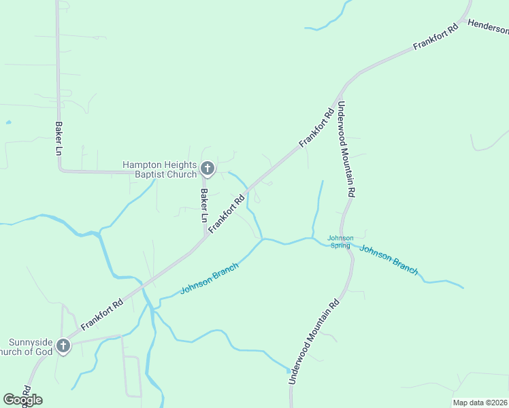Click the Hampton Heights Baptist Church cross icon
[x=208, y=168]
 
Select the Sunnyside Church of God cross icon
[x=63, y=346]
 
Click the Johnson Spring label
[x=340, y=241]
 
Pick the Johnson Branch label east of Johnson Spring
[x=389, y=259]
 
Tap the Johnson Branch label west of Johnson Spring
[x=210, y=279]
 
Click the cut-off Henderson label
[x=487, y=27]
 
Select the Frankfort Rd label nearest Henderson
[x=436, y=38]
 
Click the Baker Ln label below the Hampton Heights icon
[x=203, y=206]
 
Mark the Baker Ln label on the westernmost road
[x=59, y=139]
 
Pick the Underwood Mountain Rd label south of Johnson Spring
[x=314, y=343]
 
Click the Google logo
[x=22, y=400]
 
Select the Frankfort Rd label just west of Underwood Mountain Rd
[x=317, y=127]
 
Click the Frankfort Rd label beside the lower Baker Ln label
[x=227, y=215]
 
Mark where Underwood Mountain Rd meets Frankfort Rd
[x=344, y=87]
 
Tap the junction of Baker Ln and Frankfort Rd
[x=205, y=238]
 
